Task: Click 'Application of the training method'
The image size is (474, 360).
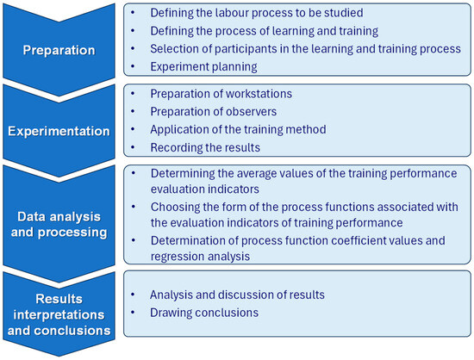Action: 238,130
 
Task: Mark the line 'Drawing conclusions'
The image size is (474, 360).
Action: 200,312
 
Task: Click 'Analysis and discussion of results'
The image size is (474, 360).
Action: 237,295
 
